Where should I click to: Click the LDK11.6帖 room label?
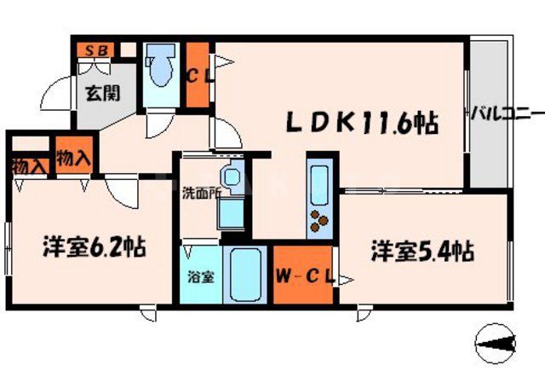[x=361, y=124]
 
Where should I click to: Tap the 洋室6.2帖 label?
[x=94, y=248]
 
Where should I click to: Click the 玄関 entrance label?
[x=96, y=93]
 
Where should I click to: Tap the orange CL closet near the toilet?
[x=198, y=74]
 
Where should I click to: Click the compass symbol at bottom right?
[x=496, y=342]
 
